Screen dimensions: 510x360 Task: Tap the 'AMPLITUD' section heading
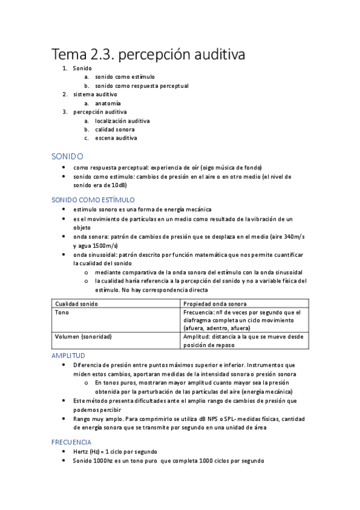(x=69, y=356)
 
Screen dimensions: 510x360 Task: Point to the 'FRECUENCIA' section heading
(x=71, y=442)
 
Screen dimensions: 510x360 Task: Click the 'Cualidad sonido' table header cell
(x=76, y=304)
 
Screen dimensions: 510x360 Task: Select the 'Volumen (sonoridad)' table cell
(x=83, y=336)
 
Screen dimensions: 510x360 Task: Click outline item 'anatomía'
(x=108, y=103)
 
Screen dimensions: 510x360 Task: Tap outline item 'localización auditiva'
(x=122, y=121)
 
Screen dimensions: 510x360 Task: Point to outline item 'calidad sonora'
(x=114, y=129)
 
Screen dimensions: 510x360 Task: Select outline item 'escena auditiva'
(x=115, y=138)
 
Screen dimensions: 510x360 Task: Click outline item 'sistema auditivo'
(x=95, y=94)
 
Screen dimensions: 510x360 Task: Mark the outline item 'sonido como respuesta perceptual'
(x=141, y=86)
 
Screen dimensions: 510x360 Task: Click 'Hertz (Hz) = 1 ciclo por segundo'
(x=115, y=452)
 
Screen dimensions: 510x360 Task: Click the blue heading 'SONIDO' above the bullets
(x=67, y=156)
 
